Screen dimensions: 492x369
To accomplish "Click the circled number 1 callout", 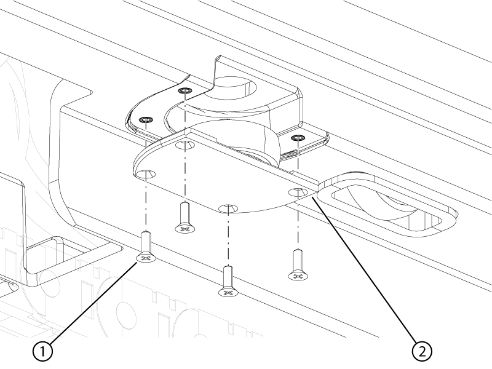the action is pos(42,351).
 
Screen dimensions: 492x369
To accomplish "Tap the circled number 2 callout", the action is pos(422,351).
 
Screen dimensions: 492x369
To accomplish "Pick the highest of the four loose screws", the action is pos(186,218).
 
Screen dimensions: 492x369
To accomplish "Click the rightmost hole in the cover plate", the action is pos(298,191).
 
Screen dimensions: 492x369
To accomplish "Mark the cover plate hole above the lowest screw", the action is pos(228,208).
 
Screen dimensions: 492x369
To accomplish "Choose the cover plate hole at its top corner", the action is pos(185,145).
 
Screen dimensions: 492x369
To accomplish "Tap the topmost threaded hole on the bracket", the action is pos(184,90).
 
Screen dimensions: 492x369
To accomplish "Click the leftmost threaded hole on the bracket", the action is pos(146,120).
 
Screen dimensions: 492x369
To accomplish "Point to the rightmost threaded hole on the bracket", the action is pos(298,138).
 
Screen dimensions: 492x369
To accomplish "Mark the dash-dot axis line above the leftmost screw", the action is pos(146,176).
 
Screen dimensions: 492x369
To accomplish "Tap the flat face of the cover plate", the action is pos(220,176).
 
